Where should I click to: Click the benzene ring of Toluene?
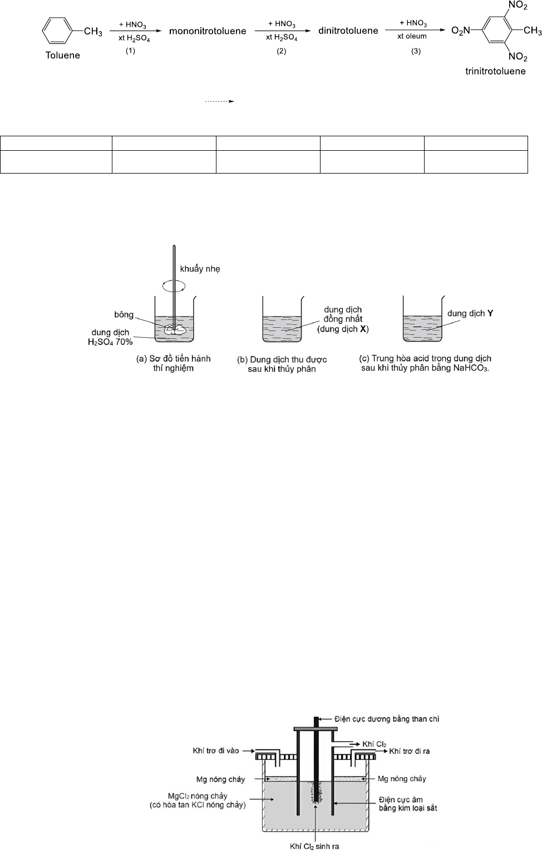coord(57,31)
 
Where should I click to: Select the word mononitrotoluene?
coord(208,31)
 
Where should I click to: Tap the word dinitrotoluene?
coord(348,31)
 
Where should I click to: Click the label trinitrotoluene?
coord(495,71)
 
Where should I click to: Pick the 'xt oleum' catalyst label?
coord(412,36)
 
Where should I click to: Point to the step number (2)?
coord(281,51)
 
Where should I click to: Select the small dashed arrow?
coord(220,101)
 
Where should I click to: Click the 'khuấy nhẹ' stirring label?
coord(200,269)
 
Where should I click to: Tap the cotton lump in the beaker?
coord(175,329)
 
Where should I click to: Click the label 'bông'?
coord(124,314)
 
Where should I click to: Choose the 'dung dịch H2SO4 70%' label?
coord(110,337)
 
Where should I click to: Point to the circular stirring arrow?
coord(174,286)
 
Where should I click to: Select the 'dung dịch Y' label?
coord(470,313)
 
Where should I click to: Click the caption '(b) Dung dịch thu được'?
coord(282,359)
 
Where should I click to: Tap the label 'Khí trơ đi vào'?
coord(216,751)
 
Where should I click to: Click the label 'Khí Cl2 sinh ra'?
coord(314,846)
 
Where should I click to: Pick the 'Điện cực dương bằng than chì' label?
coord(387,719)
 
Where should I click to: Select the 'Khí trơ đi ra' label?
coord(409,751)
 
